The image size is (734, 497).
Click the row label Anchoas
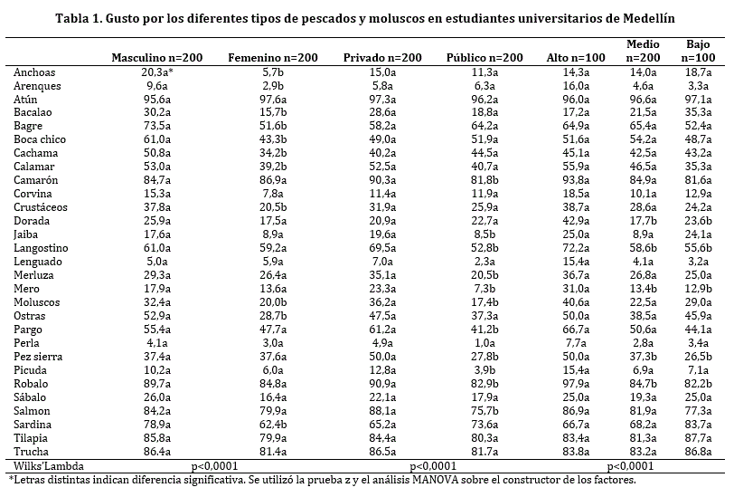click(34, 72)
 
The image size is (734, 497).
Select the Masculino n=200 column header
click(157, 57)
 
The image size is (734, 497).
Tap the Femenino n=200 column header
click(273, 57)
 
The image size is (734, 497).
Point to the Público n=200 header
click(485, 57)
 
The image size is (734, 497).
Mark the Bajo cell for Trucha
click(698, 451)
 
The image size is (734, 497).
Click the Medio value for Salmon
click(643, 410)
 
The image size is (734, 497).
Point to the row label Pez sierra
click(37, 356)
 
